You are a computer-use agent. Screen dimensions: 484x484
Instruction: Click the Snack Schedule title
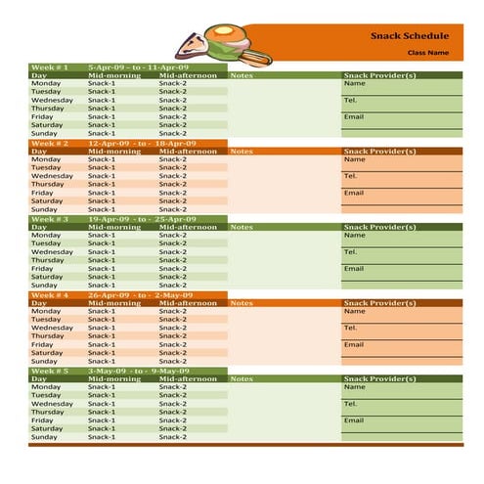pyautogui.click(x=410, y=36)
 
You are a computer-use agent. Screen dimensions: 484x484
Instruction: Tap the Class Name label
pyautogui.click(x=428, y=53)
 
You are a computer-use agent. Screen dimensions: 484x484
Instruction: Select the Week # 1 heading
pyautogui.click(x=49, y=67)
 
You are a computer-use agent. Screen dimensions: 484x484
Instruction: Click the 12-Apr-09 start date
pyautogui.click(x=107, y=143)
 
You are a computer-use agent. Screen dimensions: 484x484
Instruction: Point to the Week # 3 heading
pyautogui.click(x=49, y=219)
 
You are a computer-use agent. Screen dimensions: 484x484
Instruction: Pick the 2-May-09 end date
pyautogui.click(x=173, y=294)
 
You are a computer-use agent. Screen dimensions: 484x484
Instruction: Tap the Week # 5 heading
pyautogui.click(x=49, y=371)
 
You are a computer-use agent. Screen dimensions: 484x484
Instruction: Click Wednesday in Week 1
pyautogui.click(x=52, y=100)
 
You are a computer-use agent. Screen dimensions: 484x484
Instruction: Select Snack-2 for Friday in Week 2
pyautogui.click(x=173, y=193)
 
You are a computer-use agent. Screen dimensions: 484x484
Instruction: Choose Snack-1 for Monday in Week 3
pyautogui.click(x=101, y=235)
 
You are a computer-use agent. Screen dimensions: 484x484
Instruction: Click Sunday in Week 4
pyautogui.click(x=44, y=361)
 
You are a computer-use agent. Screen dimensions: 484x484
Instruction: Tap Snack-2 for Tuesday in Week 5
pyautogui.click(x=173, y=395)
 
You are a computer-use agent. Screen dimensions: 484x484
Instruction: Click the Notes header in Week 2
pyautogui.click(x=241, y=152)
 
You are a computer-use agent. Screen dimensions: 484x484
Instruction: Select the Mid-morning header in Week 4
pyautogui.click(x=113, y=303)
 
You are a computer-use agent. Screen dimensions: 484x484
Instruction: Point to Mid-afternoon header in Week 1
pyautogui.click(x=188, y=75)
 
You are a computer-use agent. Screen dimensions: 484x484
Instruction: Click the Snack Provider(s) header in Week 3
pyautogui.click(x=379, y=227)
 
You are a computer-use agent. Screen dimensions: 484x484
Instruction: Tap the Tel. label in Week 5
pyautogui.click(x=351, y=403)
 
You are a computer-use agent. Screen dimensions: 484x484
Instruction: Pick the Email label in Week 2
pyautogui.click(x=353, y=193)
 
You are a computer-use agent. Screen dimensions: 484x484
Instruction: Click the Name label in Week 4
pyautogui.click(x=354, y=311)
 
